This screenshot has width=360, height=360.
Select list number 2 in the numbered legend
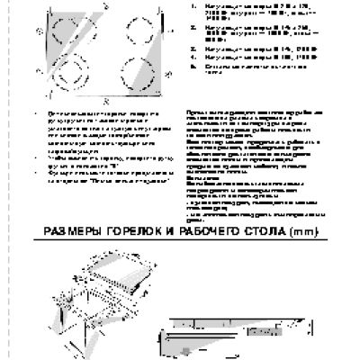pos(193,29)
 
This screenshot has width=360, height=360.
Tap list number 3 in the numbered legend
pos(193,48)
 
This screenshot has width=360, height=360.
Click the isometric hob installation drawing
pos(112,297)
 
